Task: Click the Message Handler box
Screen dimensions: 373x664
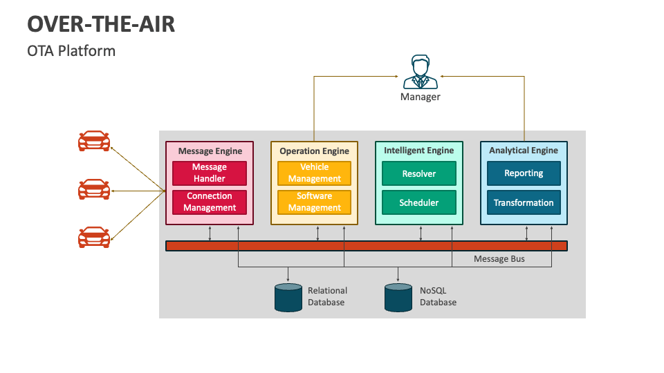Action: (x=210, y=173)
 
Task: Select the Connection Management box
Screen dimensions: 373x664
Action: (x=210, y=202)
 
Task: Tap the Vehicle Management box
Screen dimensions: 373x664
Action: (x=314, y=173)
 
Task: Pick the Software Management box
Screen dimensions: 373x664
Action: (x=314, y=202)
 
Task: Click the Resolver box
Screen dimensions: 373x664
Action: (x=419, y=173)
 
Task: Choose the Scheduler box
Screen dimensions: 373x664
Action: (x=419, y=202)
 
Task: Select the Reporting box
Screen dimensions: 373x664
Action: (x=524, y=173)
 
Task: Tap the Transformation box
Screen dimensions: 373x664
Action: (x=524, y=202)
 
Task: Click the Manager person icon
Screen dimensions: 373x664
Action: (x=420, y=73)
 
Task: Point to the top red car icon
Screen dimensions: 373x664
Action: (x=93, y=141)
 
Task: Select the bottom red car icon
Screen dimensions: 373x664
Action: (x=93, y=238)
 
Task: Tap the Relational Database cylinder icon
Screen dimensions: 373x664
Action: (x=288, y=297)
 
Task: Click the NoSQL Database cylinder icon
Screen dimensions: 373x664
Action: (x=398, y=297)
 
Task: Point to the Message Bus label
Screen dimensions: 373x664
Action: (x=499, y=259)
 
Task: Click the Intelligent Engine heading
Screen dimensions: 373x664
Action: (x=419, y=150)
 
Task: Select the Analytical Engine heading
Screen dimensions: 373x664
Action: (x=524, y=150)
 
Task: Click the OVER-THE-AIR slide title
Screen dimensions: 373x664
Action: (x=101, y=23)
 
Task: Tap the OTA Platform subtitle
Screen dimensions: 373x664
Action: (x=71, y=51)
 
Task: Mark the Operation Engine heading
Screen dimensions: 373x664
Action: (x=314, y=151)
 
